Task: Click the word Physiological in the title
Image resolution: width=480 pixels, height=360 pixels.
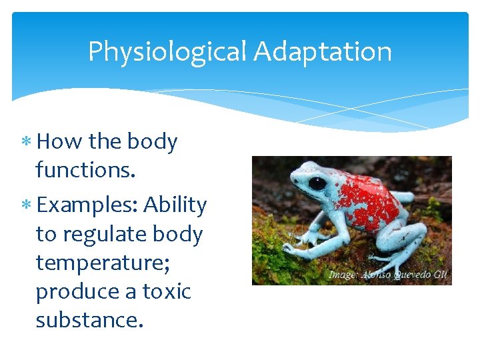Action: pyautogui.click(x=167, y=52)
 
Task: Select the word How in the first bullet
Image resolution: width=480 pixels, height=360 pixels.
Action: pyautogui.click(x=60, y=141)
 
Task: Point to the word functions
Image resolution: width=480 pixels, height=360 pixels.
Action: pyautogui.click(x=85, y=170)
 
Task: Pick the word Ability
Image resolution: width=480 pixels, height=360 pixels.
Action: pyautogui.click(x=175, y=205)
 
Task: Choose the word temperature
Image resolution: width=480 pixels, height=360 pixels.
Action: pyautogui.click(x=104, y=263)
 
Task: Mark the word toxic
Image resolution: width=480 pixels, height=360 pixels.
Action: pyautogui.click(x=165, y=291)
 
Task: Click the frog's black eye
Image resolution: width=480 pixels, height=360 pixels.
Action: pyautogui.click(x=317, y=183)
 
